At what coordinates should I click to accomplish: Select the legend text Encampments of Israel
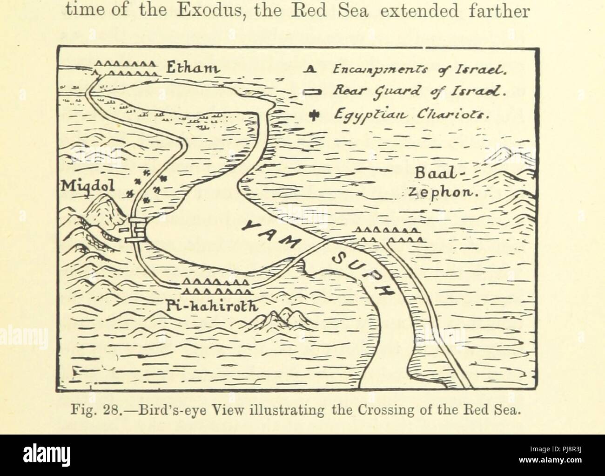tap(420, 71)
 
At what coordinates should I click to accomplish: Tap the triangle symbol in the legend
tap(310, 71)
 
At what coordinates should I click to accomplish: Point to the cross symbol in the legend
tap(311, 115)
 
